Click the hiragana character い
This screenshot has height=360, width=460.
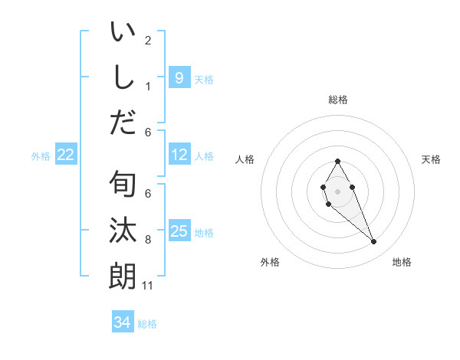click(x=123, y=34)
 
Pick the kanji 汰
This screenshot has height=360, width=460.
click(x=123, y=231)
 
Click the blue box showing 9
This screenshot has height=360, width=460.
click(x=179, y=77)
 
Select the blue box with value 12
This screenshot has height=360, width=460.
click(x=179, y=155)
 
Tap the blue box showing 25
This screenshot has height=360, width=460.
click(x=179, y=231)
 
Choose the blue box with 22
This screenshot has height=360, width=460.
click(x=66, y=155)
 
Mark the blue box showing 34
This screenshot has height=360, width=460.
click(x=122, y=322)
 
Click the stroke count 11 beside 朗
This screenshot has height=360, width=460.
click(x=148, y=286)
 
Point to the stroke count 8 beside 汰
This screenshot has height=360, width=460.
click(x=148, y=241)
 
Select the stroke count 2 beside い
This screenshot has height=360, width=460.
click(x=148, y=41)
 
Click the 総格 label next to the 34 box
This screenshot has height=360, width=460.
click(x=147, y=324)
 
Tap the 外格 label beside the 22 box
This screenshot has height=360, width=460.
click(x=41, y=156)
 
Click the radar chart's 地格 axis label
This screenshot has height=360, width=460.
click(x=402, y=262)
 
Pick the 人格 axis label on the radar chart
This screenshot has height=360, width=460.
click(x=245, y=159)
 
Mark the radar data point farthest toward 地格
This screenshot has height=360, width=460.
click(x=373, y=242)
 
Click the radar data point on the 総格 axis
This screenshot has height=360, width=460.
click(x=337, y=161)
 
